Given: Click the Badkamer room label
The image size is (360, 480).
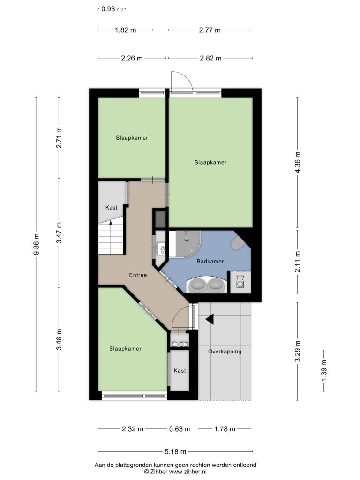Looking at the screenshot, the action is pos(210,261).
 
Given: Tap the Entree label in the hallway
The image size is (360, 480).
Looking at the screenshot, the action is pos(138,275).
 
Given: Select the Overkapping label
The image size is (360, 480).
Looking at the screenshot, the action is pos(225,352).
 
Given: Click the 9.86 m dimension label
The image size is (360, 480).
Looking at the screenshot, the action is pos(37,244).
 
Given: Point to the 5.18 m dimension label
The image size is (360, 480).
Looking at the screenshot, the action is pos(175,451).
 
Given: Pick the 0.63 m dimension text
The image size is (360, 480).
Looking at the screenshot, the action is pos(180,429).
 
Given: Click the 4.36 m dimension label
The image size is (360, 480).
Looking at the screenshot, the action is pos(297,162).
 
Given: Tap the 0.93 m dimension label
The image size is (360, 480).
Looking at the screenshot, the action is pos(112,9).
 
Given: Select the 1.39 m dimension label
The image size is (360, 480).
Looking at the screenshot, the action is pos(324,370).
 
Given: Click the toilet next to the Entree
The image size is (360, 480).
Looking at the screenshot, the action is pos(161,248).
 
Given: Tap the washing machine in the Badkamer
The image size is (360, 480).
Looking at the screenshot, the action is pos(240,282).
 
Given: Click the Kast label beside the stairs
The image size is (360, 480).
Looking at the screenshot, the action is pos(111,208).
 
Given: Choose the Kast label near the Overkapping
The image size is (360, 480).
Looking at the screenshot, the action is pos(180,371).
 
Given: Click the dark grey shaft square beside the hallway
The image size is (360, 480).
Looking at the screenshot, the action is pos(160,219).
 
